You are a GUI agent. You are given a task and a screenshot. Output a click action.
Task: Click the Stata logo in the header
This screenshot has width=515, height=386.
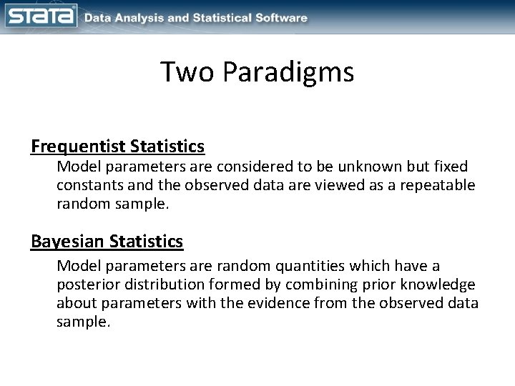click(x=41, y=16)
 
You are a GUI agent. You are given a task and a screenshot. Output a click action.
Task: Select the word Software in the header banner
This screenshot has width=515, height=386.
click(x=280, y=17)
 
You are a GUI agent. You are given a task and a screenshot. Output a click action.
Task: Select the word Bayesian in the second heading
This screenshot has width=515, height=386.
click(x=69, y=242)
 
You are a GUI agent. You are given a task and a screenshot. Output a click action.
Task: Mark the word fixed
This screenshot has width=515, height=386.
click(x=450, y=167)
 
